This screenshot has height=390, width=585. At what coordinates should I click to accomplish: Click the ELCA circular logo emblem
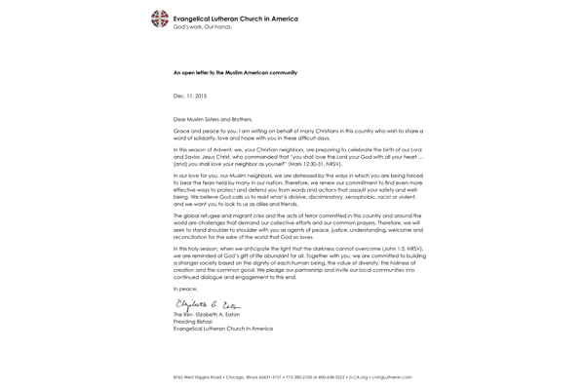coord(159,19)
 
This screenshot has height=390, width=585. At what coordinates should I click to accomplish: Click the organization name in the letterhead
coord(235,19)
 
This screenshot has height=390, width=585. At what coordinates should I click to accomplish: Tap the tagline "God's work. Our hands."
coord(201,26)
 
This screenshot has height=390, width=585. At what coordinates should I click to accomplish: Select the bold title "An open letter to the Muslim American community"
coord(235,73)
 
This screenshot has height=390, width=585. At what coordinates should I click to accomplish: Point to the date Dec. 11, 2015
coord(190,96)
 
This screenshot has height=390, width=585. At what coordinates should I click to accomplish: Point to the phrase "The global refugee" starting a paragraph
coord(196,215)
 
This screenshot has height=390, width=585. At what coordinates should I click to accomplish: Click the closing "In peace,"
coord(184,290)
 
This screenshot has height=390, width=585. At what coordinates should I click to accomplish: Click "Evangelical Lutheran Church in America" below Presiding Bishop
coord(223,329)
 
